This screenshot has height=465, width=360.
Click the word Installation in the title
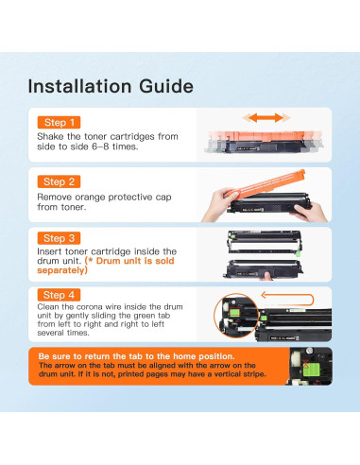tap(79, 86)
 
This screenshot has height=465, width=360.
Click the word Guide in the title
tap(166, 86)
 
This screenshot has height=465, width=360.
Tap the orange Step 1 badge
tap(59, 122)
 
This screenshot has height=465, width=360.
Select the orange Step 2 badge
tap(59, 181)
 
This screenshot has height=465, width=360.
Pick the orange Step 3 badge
tap(59, 238)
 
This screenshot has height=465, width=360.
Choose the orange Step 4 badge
tap(59, 295)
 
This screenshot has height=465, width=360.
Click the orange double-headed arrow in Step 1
tap(266, 118)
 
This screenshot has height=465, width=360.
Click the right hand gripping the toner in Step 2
tap(309, 213)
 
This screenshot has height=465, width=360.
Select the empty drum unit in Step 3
tap(265, 242)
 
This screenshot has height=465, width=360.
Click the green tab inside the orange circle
tap(235, 312)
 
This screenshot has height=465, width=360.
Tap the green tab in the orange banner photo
tap(310, 369)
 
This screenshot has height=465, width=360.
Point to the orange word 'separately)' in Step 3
tap(62, 270)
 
